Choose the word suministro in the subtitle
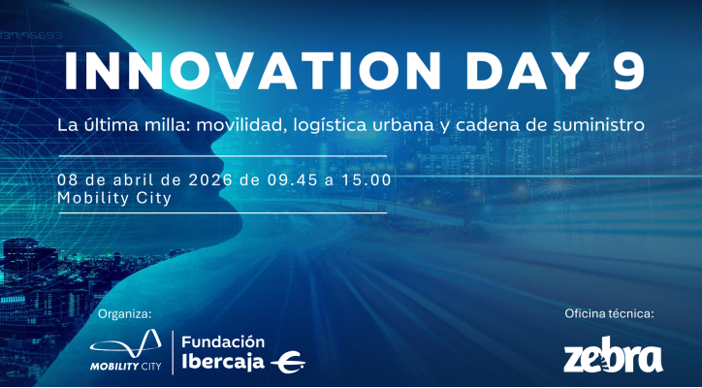coord(598,126)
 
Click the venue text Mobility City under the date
coord(114,198)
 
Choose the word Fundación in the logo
coord(224,341)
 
